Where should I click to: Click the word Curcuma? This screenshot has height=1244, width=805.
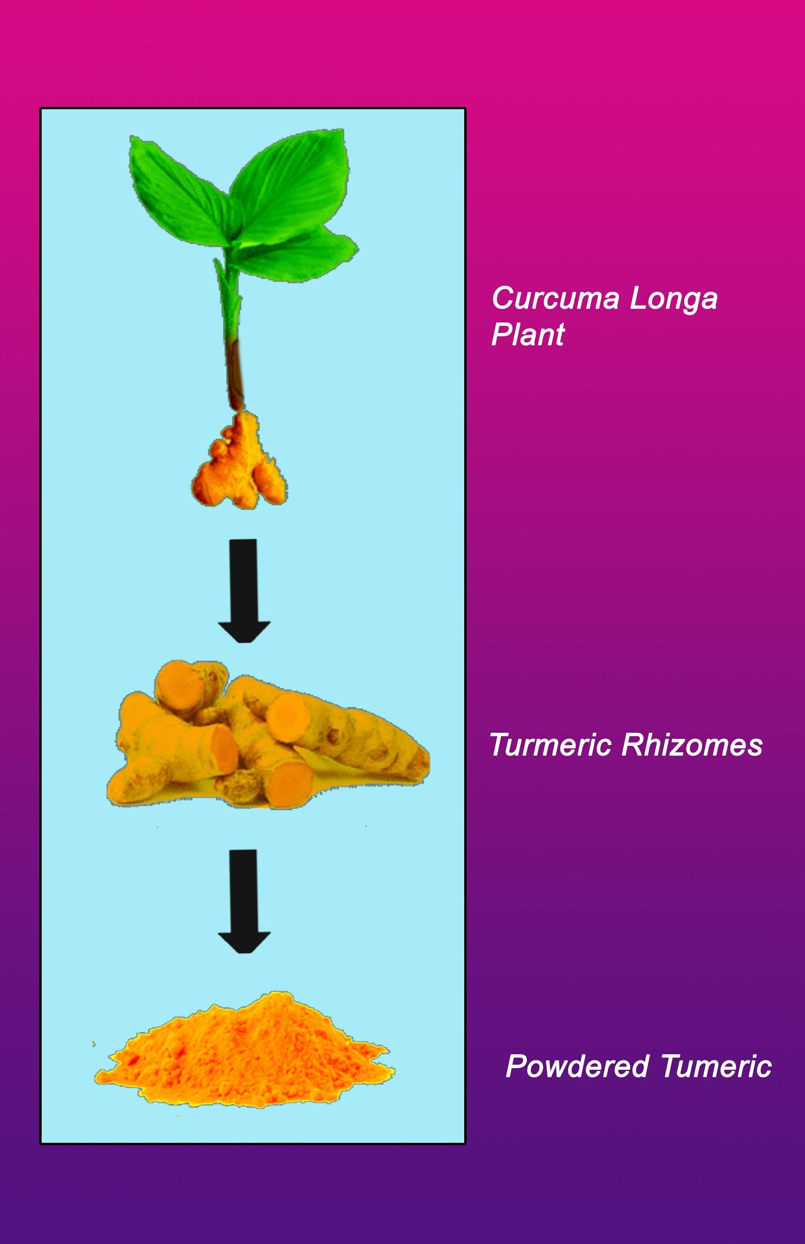[555, 299]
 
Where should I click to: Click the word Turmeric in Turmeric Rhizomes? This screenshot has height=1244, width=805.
[550, 745]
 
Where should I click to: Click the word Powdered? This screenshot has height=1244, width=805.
[577, 1066]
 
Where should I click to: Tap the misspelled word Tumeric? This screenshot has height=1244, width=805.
[716, 1066]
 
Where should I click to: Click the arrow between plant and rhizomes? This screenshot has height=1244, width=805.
[244, 590]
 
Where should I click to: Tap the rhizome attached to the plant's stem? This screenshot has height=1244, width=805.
[240, 463]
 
